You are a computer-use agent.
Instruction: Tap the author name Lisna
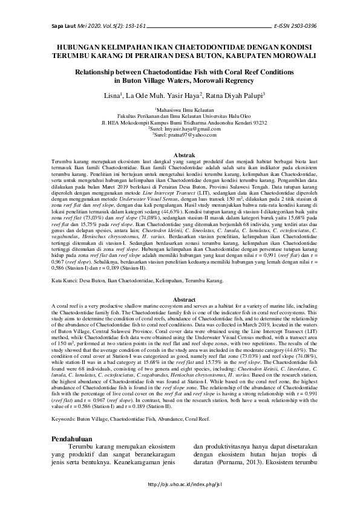[113, 95]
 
